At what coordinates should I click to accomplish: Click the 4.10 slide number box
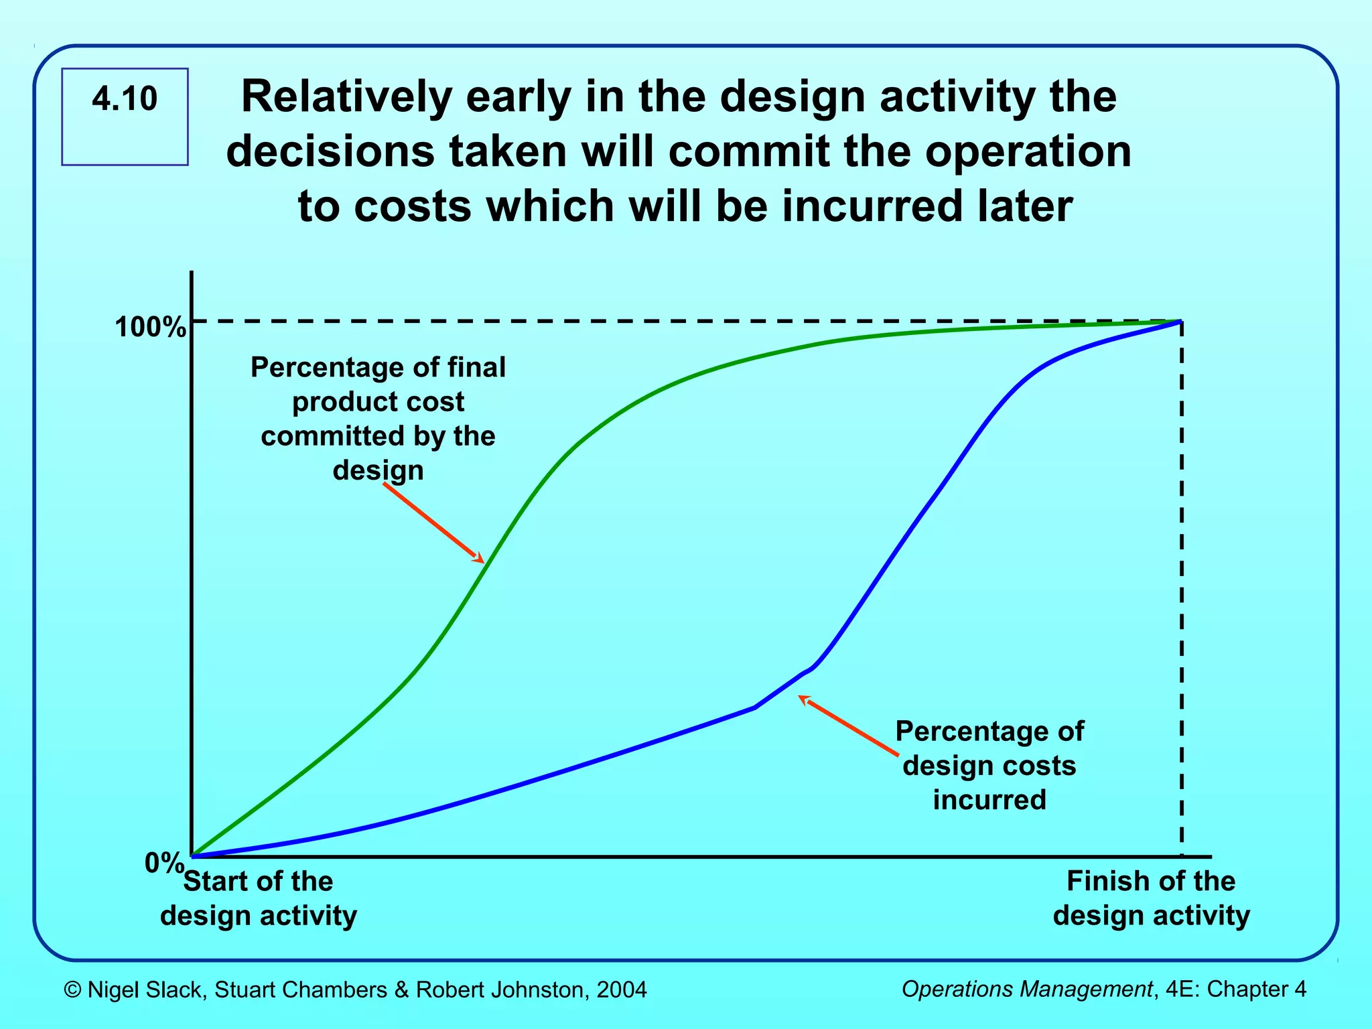pos(125,116)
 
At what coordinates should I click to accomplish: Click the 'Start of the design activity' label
pos(259,898)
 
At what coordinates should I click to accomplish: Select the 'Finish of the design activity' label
pos(1151,898)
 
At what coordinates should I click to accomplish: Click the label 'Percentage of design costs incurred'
pos(989,765)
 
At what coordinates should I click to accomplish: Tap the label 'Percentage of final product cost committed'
pos(378,418)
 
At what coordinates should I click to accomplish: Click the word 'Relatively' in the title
pos(346,96)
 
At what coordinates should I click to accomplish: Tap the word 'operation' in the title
pos(1028,151)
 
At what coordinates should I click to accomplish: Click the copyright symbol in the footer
pos(72,989)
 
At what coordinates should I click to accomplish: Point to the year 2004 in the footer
pos(622,989)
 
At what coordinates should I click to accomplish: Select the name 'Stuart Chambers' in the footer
pos(300,989)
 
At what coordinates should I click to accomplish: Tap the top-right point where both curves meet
pos(1180,322)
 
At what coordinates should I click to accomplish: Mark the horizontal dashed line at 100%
pos(670,322)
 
